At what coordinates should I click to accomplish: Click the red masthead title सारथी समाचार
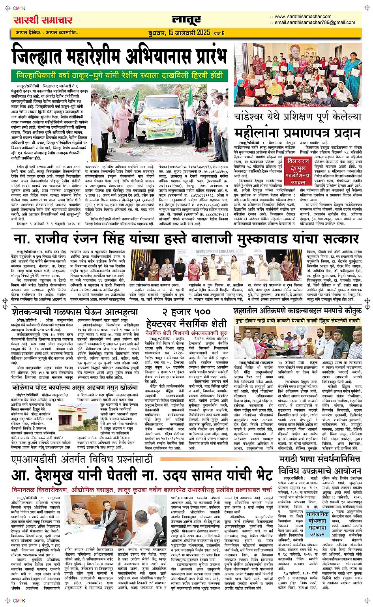point(43,20)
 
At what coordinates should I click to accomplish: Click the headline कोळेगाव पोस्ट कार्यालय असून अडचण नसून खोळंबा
point(74,387)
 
